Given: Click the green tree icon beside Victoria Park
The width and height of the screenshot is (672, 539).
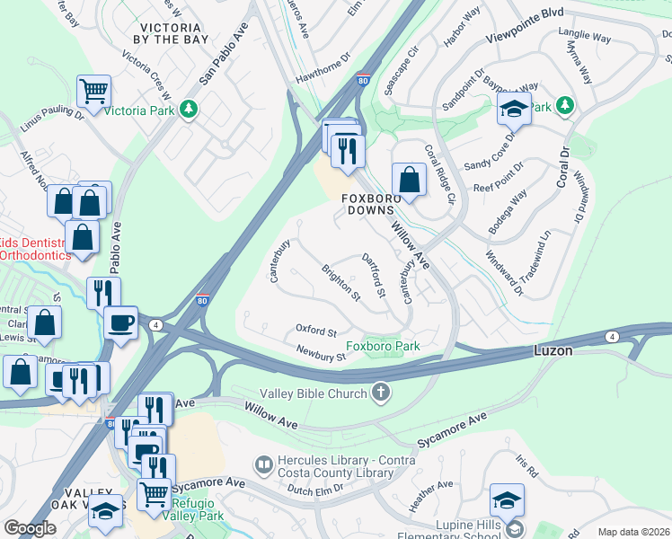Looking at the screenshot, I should click(188, 110).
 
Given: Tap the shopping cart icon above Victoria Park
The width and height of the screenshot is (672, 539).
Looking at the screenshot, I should click(93, 91).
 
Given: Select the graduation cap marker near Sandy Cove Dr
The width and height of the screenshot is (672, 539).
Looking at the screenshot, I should click(514, 109).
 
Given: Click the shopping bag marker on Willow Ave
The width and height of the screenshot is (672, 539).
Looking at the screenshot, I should click(410, 179).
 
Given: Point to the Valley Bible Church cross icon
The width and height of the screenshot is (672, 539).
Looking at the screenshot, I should click(381, 393).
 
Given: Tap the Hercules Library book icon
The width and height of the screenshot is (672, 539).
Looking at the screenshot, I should click(264, 464).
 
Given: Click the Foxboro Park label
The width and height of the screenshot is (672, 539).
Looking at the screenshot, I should click(383, 346).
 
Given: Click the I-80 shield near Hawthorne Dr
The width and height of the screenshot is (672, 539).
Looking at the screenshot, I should click(363, 80).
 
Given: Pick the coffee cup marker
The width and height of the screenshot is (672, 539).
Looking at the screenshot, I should click(120, 322).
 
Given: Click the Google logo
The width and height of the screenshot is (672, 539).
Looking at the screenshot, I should click(29, 528).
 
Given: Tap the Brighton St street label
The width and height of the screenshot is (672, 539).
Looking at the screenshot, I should click(341, 283).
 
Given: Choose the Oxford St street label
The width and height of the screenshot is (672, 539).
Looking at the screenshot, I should click(316, 331).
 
